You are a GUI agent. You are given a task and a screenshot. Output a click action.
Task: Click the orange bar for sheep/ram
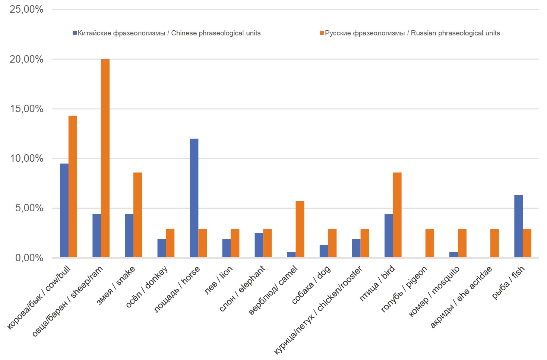point(105,158)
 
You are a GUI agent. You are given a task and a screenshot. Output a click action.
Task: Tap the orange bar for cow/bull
point(73,186)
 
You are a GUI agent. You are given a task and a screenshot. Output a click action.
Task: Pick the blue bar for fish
point(518,226)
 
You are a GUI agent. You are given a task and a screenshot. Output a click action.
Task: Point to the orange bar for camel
point(300,229)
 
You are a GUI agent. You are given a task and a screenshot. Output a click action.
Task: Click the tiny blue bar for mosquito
point(453,255)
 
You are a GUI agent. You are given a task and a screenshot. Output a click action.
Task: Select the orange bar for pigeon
point(430,243)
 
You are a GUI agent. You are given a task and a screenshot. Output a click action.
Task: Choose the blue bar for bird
point(389,236)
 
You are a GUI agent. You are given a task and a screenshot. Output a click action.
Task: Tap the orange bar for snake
point(137,215)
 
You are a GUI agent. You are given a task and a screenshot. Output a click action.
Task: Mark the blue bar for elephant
point(259,245)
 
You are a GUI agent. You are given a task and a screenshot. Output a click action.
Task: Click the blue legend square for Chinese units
point(75,33)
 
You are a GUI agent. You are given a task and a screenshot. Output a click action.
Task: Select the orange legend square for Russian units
point(322,33)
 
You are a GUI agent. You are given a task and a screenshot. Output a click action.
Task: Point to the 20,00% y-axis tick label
point(26,59)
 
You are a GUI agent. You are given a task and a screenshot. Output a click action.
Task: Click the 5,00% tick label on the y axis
point(29,208)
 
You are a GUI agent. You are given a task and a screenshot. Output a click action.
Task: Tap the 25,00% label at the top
point(26,9)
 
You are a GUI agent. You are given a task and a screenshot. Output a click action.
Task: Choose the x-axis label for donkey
point(147,287)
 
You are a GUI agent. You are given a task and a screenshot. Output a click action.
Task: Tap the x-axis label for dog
point(311,285)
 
